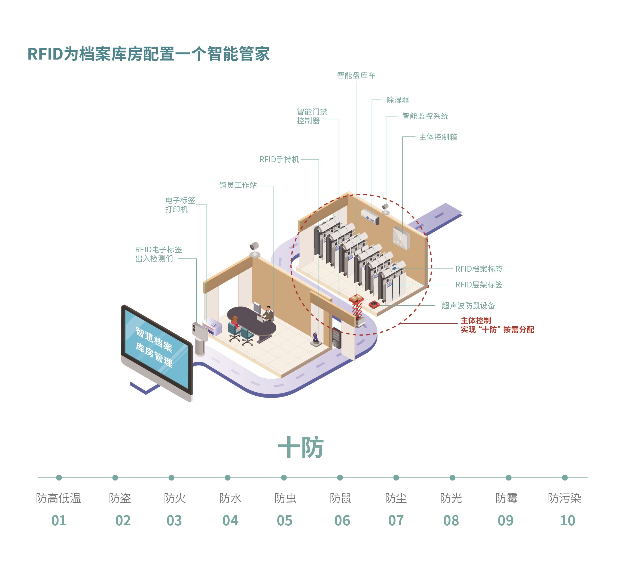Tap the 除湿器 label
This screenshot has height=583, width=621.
pyautogui.click(x=398, y=100)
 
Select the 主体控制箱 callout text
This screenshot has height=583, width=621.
pyautogui.click(x=438, y=137)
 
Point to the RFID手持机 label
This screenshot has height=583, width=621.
pyautogui.click(x=279, y=159)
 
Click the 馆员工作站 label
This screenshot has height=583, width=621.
pyautogui.click(x=238, y=185)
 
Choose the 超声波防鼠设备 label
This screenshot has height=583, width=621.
pyautogui.click(x=468, y=306)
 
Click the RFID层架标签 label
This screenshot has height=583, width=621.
pyautogui.click(x=479, y=285)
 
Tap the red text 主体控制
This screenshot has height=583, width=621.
pyautogui.click(x=476, y=321)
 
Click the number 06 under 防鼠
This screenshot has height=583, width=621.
pyautogui.click(x=342, y=521)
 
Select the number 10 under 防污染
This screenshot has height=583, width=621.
pyautogui.click(x=567, y=521)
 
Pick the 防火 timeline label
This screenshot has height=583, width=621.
pyautogui.click(x=175, y=498)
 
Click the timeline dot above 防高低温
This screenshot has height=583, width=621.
pyautogui.click(x=59, y=477)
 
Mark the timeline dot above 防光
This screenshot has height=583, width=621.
pyautogui.click(x=452, y=477)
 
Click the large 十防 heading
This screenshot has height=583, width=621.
pyautogui.click(x=300, y=447)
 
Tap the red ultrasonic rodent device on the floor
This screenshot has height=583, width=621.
pyautogui.click(x=374, y=304)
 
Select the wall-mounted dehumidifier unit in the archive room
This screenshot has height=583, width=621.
pyautogui.click(x=370, y=216)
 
